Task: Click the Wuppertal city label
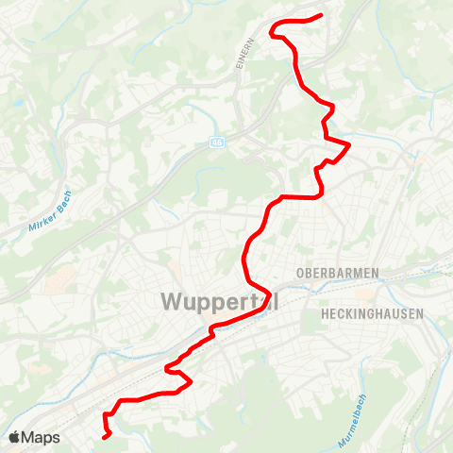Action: [220, 302]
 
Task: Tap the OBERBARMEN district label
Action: [337, 273]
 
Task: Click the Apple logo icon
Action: [14, 437]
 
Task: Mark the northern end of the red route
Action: [322, 15]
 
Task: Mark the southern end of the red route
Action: [105, 437]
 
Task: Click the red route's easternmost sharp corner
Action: [349, 144]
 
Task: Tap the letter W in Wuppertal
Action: [173, 302]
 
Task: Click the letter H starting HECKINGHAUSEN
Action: [325, 312]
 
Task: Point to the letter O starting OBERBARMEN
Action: [300, 273]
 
